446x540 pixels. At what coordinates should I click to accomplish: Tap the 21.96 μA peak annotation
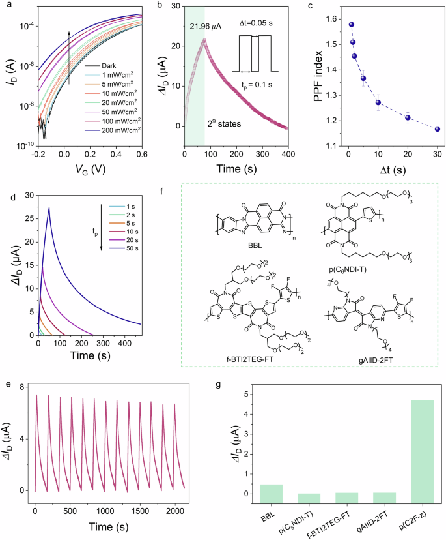click(207, 27)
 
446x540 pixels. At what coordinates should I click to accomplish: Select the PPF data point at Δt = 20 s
click(408, 117)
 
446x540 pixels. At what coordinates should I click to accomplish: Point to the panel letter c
click(311, 7)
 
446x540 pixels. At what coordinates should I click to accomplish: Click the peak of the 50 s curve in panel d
click(49, 208)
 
